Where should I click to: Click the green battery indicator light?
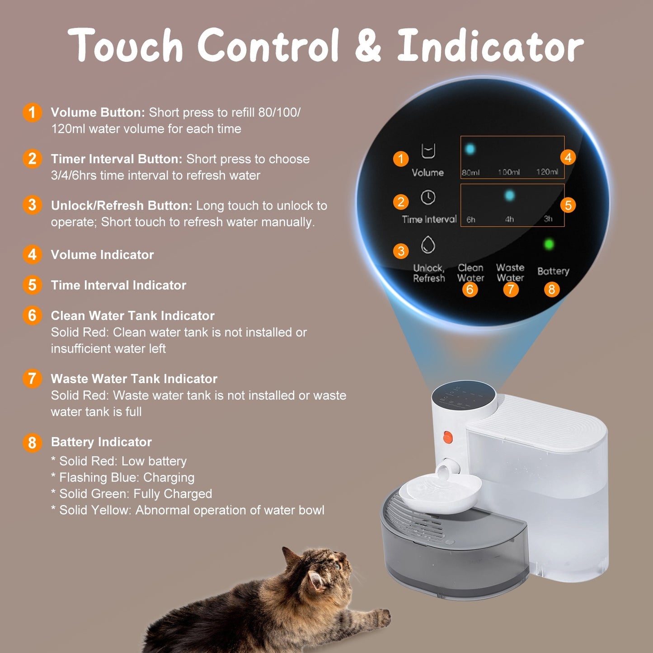(x=549, y=244)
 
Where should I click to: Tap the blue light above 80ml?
(x=470, y=149)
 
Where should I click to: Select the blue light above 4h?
(x=509, y=196)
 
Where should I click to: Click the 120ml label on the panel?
(x=547, y=172)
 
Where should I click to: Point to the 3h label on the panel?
(x=548, y=219)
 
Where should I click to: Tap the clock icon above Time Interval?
(x=428, y=197)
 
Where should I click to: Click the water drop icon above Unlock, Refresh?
(x=428, y=245)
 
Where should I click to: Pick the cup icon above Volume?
(x=428, y=151)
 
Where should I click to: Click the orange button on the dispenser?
(x=447, y=437)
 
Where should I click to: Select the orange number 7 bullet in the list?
(x=32, y=379)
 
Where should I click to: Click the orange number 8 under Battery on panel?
(x=551, y=289)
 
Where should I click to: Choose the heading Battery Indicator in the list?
(x=101, y=442)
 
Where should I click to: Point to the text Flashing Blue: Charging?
(x=127, y=478)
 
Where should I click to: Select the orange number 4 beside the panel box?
(x=568, y=157)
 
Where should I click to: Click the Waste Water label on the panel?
(x=510, y=273)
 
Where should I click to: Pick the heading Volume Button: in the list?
(x=98, y=113)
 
